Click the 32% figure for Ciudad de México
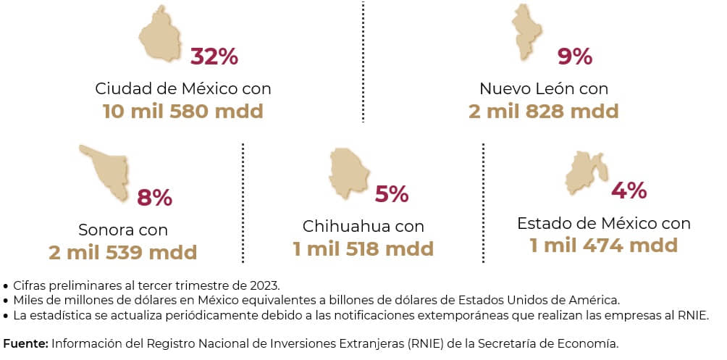click(x=214, y=56)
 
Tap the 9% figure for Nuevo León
click(x=575, y=56)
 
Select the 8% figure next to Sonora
click(x=154, y=197)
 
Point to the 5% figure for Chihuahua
click(x=392, y=194)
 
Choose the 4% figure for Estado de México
click(x=629, y=191)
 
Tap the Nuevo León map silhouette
click(x=528, y=33)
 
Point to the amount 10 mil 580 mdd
click(x=182, y=112)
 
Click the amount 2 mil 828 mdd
click(x=543, y=112)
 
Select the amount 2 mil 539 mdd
click(x=123, y=253)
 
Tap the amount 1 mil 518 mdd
click(x=363, y=249)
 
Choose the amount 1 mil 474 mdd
click(x=603, y=246)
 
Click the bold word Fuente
click(x=25, y=343)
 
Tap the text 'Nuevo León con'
click(x=543, y=89)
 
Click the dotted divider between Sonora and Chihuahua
click(x=243, y=203)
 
